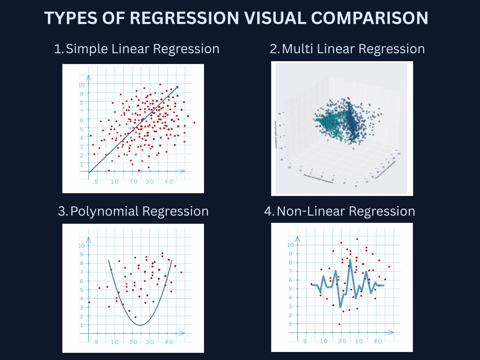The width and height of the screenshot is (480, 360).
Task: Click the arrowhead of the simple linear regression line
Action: click(177, 87)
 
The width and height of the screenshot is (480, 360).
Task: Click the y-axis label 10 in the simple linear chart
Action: click(81, 85)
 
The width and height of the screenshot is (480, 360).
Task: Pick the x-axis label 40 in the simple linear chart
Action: click(169, 182)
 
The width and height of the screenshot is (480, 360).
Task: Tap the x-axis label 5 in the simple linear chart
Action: click(96, 182)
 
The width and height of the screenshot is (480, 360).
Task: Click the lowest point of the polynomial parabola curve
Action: click(141, 325)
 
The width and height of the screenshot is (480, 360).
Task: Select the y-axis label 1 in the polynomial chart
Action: click(82, 325)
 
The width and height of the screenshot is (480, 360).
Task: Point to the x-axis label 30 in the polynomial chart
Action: click(150, 342)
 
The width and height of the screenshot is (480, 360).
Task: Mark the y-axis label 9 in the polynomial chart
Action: click(82, 254)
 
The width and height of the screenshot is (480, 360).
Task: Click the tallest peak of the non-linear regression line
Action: click(350, 260)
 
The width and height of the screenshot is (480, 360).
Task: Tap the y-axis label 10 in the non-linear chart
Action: click(290, 245)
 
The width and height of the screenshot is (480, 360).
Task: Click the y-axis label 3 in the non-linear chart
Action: click(291, 306)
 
